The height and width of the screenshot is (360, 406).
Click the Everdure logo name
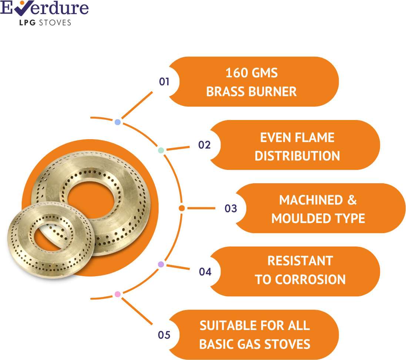tap(44, 8)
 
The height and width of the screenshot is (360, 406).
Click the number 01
tap(164, 81)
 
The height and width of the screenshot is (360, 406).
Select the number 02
tap(204, 145)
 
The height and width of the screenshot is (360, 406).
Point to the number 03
tap(231, 209)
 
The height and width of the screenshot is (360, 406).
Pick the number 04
tap(205, 272)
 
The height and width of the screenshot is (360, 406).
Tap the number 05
tap(164, 336)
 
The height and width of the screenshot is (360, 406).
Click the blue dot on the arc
tap(118, 122)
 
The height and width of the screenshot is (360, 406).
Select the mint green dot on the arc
tap(161, 150)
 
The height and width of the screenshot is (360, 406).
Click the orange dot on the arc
tap(181, 208)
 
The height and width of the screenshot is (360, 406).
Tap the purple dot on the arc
tap(161, 264)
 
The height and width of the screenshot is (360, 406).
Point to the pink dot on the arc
tap(117, 294)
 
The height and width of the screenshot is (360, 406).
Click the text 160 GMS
tap(252, 73)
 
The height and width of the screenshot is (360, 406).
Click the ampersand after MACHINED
tap(352, 200)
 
